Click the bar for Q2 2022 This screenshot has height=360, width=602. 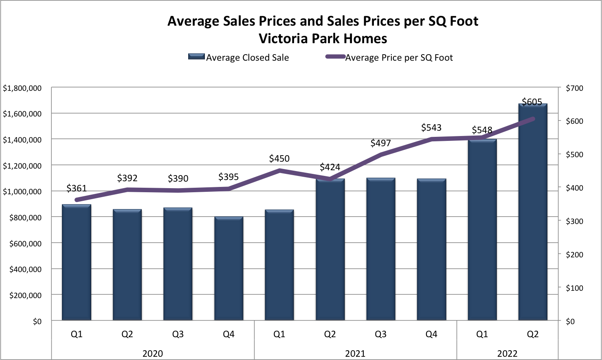(x=532, y=212)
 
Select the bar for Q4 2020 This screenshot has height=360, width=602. (x=228, y=269)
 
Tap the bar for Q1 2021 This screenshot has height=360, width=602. (x=279, y=265)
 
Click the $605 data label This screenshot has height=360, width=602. (x=532, y=102)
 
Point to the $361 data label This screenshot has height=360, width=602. (x=77, y=188)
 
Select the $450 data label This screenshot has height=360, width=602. (x=279, y=158)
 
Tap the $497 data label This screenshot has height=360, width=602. (x=380, y=143)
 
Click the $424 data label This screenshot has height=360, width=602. (x=330, y=167)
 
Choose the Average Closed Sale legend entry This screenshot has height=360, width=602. (x=239, y=57)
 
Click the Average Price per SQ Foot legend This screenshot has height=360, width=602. (x=389, y=57)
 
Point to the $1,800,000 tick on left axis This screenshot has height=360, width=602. (x=22, y=88)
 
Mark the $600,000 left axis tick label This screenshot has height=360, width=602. (x=25, y=244)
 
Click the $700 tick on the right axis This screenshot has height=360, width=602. (x=574, y=88)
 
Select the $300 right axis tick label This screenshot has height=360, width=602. (x=574, y=221)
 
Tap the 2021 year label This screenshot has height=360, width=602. (x=355, y=353)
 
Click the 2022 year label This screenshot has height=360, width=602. (x=507, y=353)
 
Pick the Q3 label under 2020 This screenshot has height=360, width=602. (x=178, y=334)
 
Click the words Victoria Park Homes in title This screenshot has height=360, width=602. (x=323, y=39)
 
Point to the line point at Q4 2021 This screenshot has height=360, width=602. (x=431, y=139)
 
